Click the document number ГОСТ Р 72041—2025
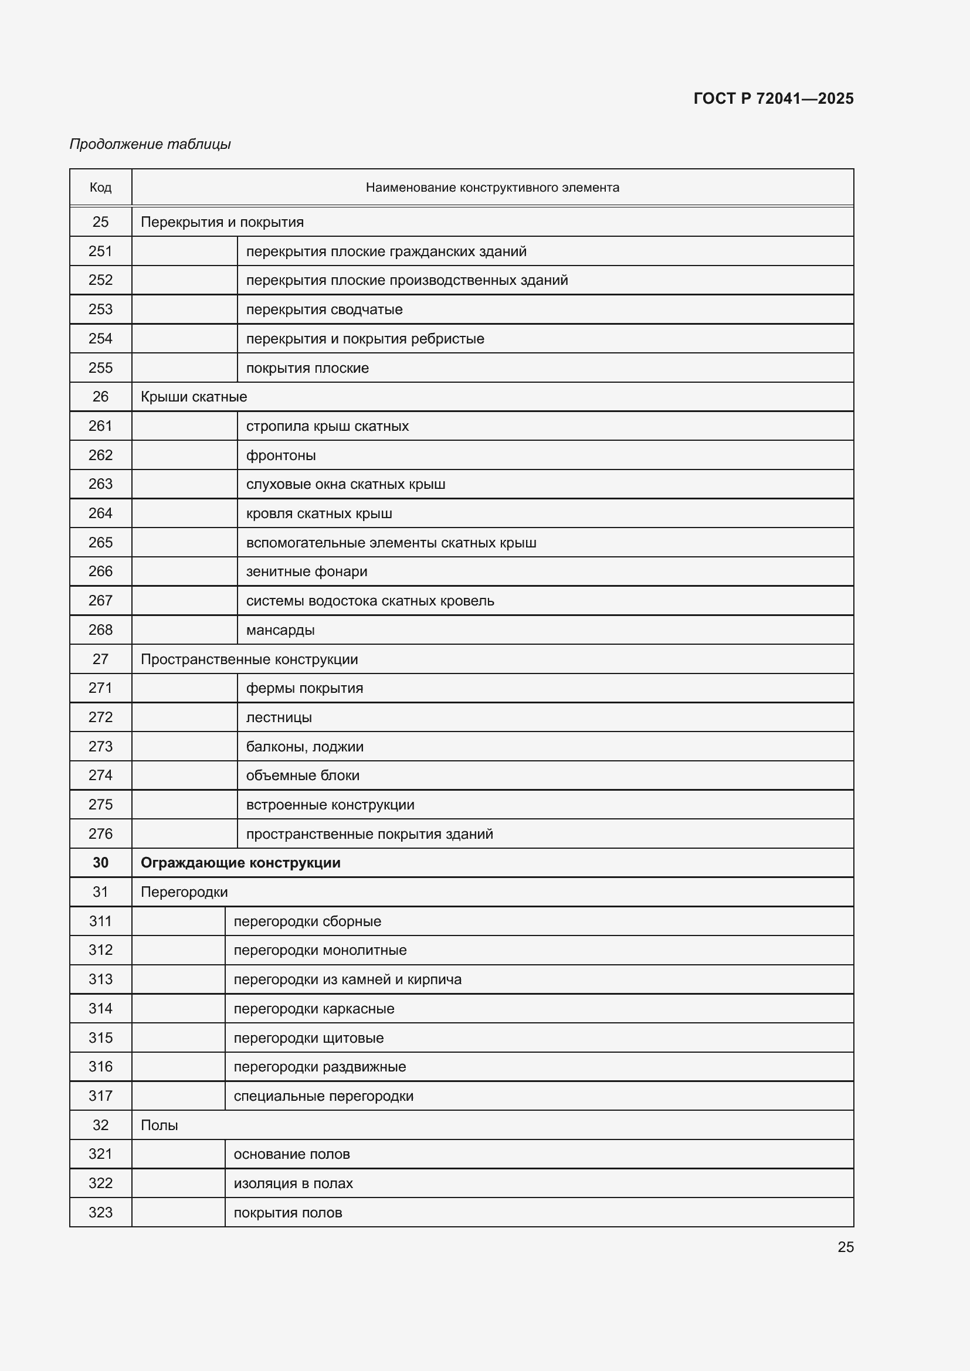pos(773,98)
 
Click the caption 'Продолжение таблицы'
pos(150,144)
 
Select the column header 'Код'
pos(100,188)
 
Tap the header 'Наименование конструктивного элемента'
pos(492,188)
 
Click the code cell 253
pos(100,309)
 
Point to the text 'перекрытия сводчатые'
pos(324,309)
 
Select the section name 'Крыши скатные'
pos(194,396)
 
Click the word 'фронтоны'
pos(281,455)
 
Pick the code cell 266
pos(100,571)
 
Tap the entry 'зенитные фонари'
pos(306,571)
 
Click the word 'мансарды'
pos(280,630)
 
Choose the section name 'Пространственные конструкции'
pos(249,659)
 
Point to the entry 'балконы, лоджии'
pos(304,746)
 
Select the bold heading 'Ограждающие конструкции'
pos(240,863)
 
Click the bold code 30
pos(100,863)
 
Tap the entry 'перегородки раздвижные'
pos(320,1066)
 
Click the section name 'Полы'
pos(159,1125)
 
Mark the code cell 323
pos(100,1213)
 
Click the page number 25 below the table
pos(845,1247)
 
